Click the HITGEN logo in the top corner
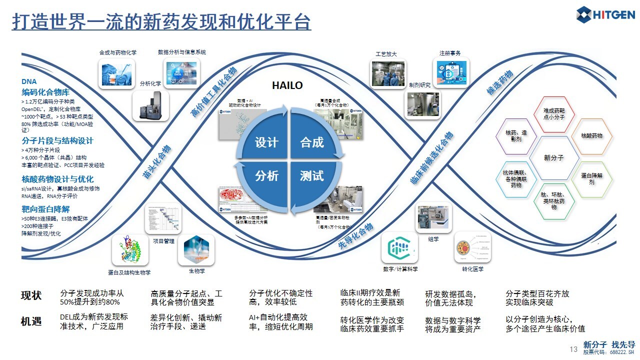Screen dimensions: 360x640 [x=605, y=14]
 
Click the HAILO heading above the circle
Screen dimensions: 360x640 [x=287, y=85]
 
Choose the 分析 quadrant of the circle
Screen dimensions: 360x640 [x=266, y=176]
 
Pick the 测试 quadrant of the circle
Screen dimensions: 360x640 [x=311, y=176]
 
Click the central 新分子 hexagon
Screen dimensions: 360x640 [x=553, y=158]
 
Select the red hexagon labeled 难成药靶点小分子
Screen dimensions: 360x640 [x=553, y=114]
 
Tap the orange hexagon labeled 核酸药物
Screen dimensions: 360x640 [x=591, y=136]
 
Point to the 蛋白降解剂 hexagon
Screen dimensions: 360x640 [x=591, y=179]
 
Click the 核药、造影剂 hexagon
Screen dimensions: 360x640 [x=516, y=136]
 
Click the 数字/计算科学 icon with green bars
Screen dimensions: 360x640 [x=399, y=247]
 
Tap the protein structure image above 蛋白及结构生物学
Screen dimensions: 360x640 [x=130, y=249]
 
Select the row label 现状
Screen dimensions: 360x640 [x=31, y=295]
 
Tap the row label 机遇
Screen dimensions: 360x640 [x=31, y=321]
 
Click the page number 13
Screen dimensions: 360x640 [x=573, y=349]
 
